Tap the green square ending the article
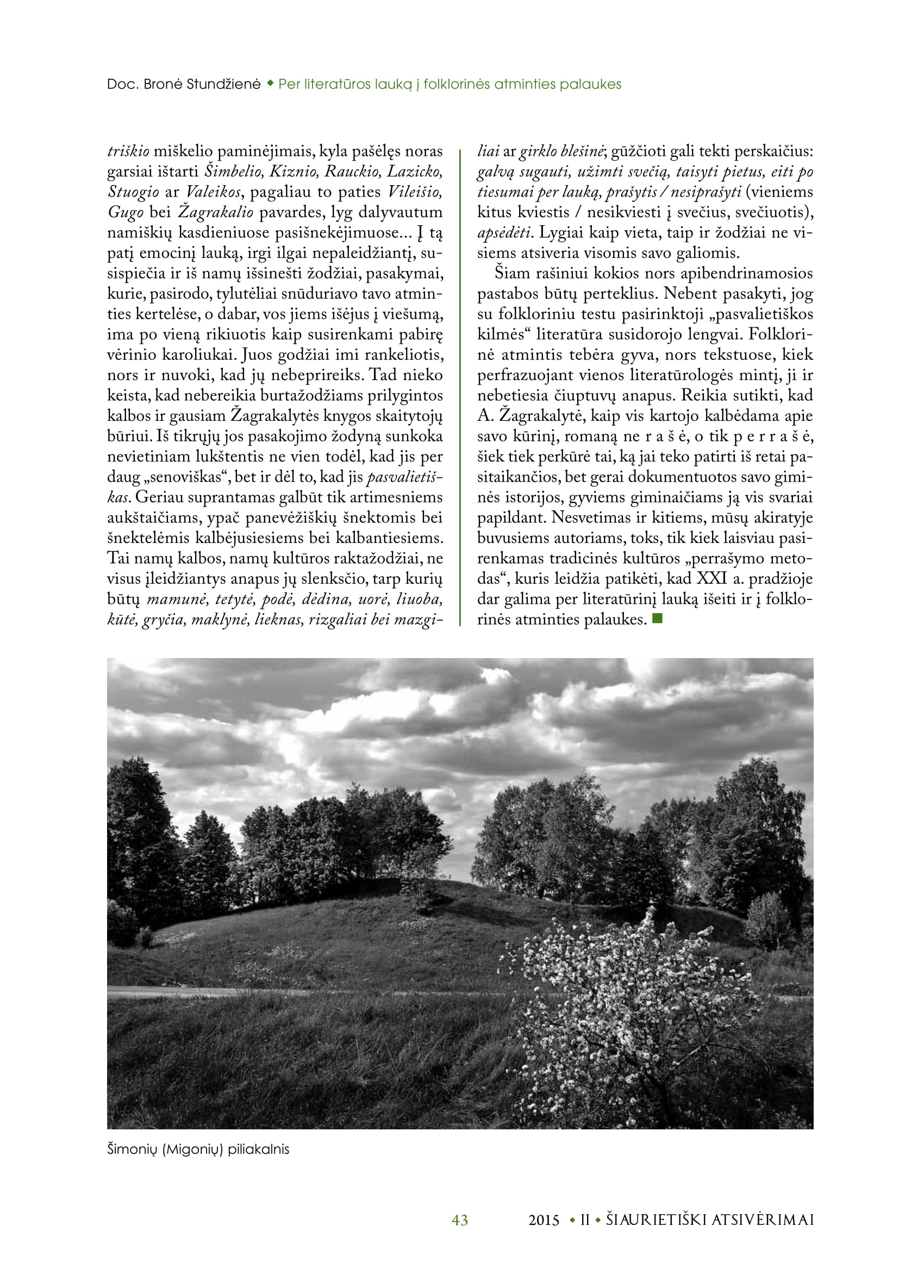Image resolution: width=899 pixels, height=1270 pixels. pyautogui.click(x=658, y=618)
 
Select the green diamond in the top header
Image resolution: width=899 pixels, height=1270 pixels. pyautogui.click(x=270, y=84)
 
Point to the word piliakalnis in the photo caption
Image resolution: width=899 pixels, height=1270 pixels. pyautogui.click(x=259, y=1149)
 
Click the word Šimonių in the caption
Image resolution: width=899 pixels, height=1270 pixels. pyautogui.click(x=132, y=1149)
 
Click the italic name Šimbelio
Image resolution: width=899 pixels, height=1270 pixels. pyautogui.click(x=233, y=172)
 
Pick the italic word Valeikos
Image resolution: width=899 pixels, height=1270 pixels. pyautogui.click(x=213, y=192)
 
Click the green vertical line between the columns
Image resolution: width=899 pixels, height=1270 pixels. pyautogui.click(x=460, y=387)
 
